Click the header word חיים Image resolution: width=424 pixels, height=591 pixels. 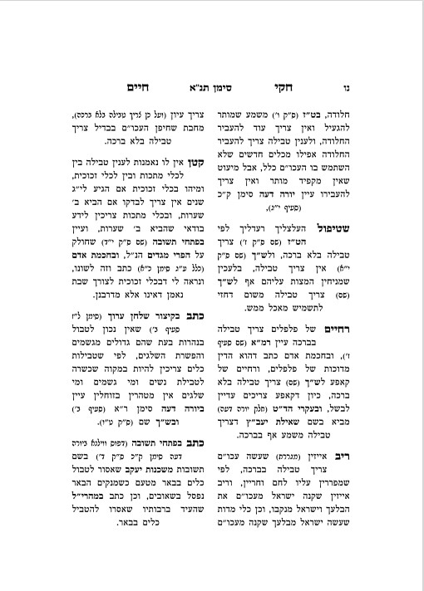click(x=135, y=85)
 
